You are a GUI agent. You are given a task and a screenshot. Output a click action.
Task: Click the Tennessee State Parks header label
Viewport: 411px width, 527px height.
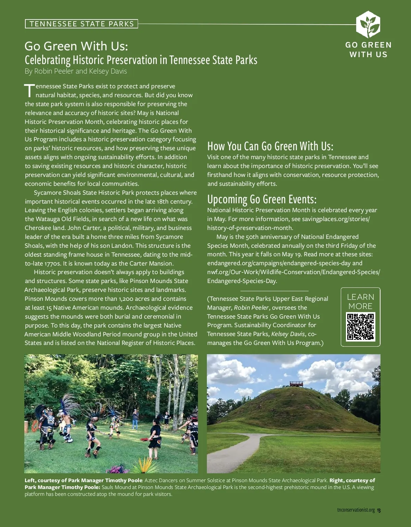coord(82,24)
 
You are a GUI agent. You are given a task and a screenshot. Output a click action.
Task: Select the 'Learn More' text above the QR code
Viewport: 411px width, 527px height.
coord(361,301)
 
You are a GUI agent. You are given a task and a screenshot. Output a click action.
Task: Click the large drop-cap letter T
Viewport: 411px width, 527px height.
coord(30,90)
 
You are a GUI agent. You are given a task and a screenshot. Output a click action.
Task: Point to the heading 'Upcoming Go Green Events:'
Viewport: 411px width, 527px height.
coord(262,199)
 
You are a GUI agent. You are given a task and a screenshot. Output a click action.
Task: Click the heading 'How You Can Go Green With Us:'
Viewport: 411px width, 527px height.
coord(270,146)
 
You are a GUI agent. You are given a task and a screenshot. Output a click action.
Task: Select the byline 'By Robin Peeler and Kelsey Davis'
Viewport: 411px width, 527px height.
coord(76,71)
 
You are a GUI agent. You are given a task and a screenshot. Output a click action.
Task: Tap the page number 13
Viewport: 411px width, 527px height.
coord(378,510)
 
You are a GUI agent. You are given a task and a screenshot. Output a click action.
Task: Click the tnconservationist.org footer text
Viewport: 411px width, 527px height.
coord(356,510)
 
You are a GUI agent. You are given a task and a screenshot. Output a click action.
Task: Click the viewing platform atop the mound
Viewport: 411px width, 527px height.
coord(297,384)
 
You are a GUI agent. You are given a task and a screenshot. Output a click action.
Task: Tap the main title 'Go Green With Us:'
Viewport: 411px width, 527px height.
coord(76,46)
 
